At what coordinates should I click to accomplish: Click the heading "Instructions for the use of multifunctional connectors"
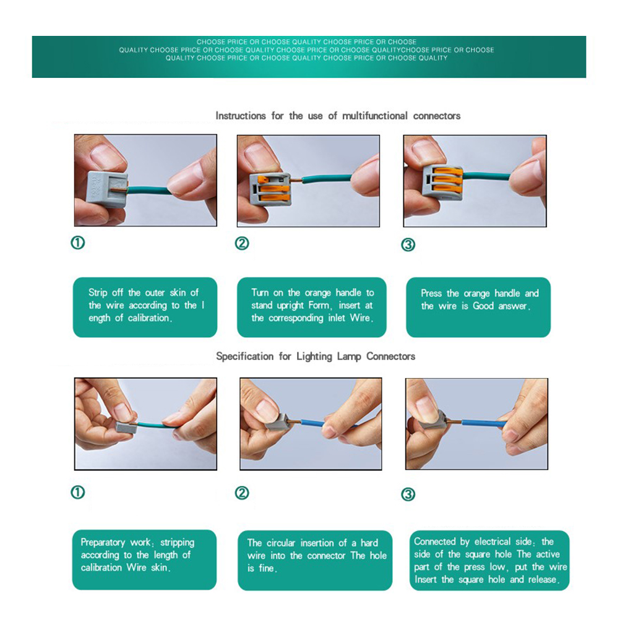pyautogui.click(x=338, y=116)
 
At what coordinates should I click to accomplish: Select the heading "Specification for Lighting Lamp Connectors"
pyautogui.click(x=316, y=356)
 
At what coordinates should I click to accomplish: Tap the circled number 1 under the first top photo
pyautogui.click(x=78, y=243)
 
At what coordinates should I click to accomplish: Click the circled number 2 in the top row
pyautogui.click(x=242, y=243)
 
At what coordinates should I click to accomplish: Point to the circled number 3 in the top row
pyautogui.click(x=408, y=245)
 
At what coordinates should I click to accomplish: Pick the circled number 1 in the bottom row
pyautogui.click(x=78, y=493)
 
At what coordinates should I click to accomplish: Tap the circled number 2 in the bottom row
pyautogui.click(x=242, y=493)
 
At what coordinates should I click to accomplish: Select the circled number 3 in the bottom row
pyautogui.click(x=408, y=494)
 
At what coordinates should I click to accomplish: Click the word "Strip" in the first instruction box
pyautogui.click(x=98, y=293)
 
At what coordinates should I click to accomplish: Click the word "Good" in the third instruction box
pyautogui.click(x=483, y=306)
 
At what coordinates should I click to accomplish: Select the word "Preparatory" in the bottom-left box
pyautogui.click(x=103, y=543)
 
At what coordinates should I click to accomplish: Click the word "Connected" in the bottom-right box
pyautogui.click(x=434, y=541)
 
